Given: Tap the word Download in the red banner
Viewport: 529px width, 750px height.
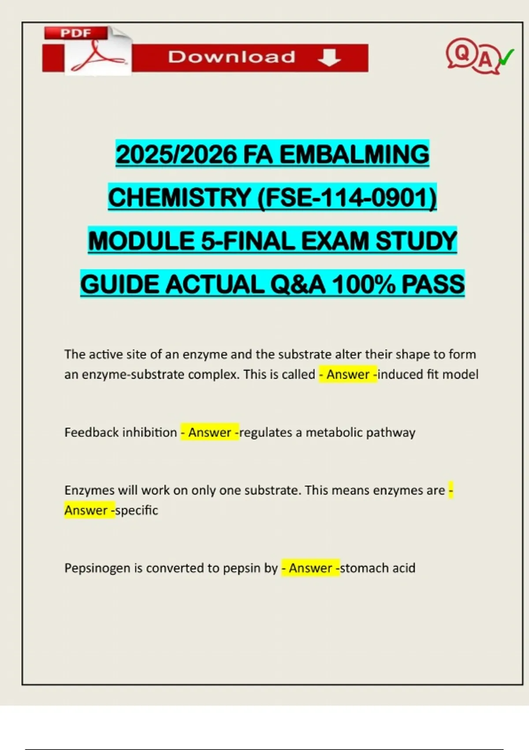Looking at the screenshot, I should (231, 57).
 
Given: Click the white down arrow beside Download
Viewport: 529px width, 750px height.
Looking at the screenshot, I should (329, 57).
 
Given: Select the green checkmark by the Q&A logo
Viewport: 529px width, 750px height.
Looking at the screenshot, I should (507, 57).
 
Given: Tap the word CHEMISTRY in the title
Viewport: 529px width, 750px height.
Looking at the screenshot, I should (179, 197).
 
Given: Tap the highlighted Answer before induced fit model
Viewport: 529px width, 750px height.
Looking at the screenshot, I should (348, 375).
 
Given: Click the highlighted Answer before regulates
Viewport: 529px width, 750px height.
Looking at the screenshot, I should (210, 432).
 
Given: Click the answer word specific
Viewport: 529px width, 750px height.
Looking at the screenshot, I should (137, 510).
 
